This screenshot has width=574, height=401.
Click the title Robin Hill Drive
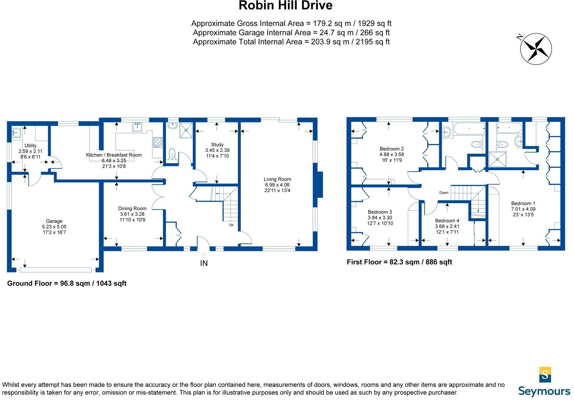click(285, 6)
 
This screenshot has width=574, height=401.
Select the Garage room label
click(54, 221)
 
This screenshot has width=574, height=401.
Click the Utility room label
click(31, 146)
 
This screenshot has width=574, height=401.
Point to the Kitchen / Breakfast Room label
click(114, 155)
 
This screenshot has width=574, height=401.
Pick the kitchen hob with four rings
click(158, 142)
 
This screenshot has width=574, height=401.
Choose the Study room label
click(217, 145)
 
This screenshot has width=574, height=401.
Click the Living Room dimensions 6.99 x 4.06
click(277, 185)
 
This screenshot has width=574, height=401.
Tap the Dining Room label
click(132, 208)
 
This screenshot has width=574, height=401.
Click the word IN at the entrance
click(204, 263)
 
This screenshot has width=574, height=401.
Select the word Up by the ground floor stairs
click(231, 225)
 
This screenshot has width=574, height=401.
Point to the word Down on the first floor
click(444, 193)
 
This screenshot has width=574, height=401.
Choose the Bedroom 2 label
click(391, 149)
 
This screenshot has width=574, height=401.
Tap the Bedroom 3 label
click(380, 212)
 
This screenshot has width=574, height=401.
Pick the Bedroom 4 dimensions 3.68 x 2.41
click(447, 226)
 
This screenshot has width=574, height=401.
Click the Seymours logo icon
click(545, 375)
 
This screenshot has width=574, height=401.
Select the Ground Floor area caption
click(67, 283)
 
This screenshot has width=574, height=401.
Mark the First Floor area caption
click(399, 262)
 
